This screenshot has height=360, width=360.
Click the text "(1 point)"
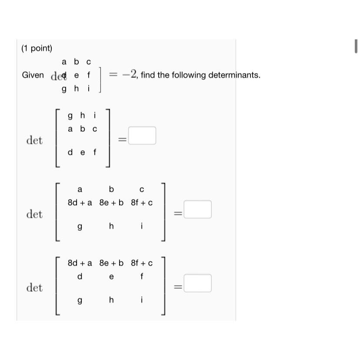click(x=37, y=48)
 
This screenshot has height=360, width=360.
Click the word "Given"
click(x=33, y=75)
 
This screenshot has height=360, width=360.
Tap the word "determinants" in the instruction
click(x=233, y=75)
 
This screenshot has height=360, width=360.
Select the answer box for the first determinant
click(x=142, y=135)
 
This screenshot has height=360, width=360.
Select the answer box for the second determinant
click(x=197, y=209)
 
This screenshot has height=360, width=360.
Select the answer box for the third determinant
click(x=197, y=283)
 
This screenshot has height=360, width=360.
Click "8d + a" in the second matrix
click(x=80, y=203)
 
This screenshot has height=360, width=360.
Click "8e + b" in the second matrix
click(x=111, y=203)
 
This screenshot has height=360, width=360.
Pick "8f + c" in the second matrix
click(x=142, y=203)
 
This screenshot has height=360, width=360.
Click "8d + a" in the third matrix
click(x=80, y=263)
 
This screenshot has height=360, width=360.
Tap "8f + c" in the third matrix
click(x=142, y=263)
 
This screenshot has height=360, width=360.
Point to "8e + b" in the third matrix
click(x=111, y=263)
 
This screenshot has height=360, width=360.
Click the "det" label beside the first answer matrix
click(x=34, y=140)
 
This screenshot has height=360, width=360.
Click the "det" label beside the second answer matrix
click(x=34, y=214)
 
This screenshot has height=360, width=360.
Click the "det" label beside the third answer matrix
click(x=34, y=288)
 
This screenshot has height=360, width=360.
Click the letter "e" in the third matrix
click(x=111, y=277)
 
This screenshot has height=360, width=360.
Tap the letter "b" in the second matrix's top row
click(x=111, y=189)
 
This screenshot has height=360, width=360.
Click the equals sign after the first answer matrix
click(x=123, y=140)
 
